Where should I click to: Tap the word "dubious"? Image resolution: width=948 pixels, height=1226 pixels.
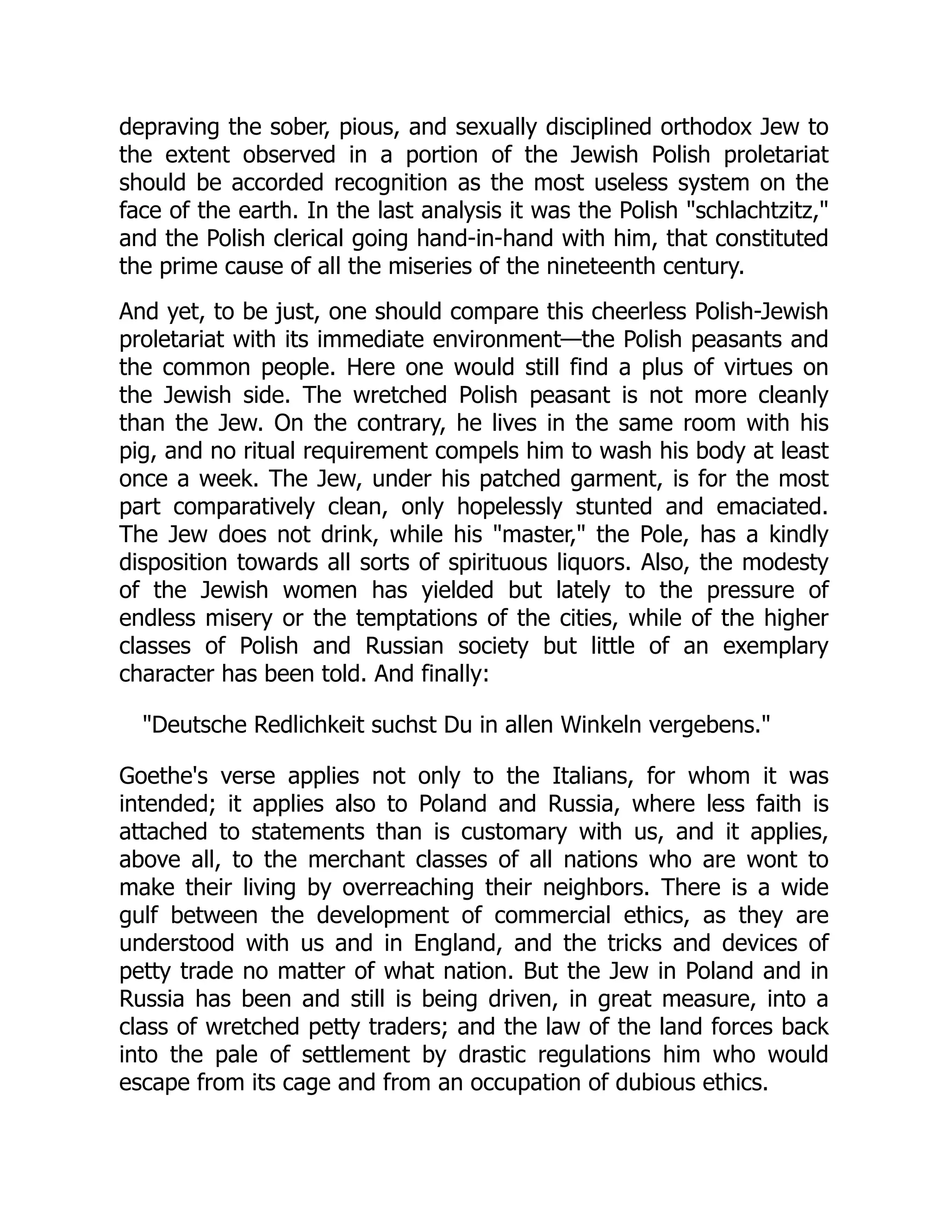pos(655,1082)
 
